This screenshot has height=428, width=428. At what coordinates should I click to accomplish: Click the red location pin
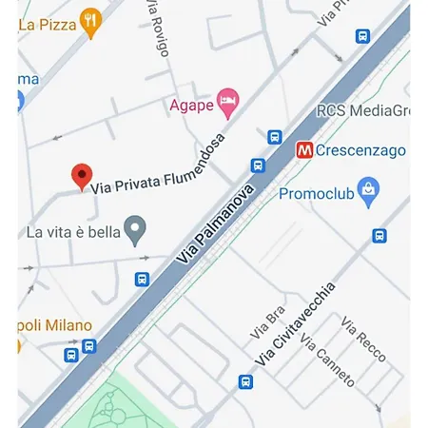pyautogui.click(x=83, y=177)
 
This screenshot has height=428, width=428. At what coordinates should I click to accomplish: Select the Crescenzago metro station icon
pyautogui.click(x=305, y=150)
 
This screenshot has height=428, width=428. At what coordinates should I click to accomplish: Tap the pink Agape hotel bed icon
pyautogui.click(x=226, y=100)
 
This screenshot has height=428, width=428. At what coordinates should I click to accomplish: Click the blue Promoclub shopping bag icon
pyautogui.click(x=368, y=188)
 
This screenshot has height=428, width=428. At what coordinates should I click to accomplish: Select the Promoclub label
pyautogui.click(x=317, y=194)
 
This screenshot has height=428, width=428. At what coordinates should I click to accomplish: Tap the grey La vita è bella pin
pyautogui.click(x=137, y=228)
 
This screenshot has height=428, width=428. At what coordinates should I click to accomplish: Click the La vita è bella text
pyautogui.click(x=73, y=230)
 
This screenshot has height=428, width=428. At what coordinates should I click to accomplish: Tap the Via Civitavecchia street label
pyautogui.click(x=296, y=323)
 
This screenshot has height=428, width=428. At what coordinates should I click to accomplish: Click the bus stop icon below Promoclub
pyautogui.click(x=379, y=236)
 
